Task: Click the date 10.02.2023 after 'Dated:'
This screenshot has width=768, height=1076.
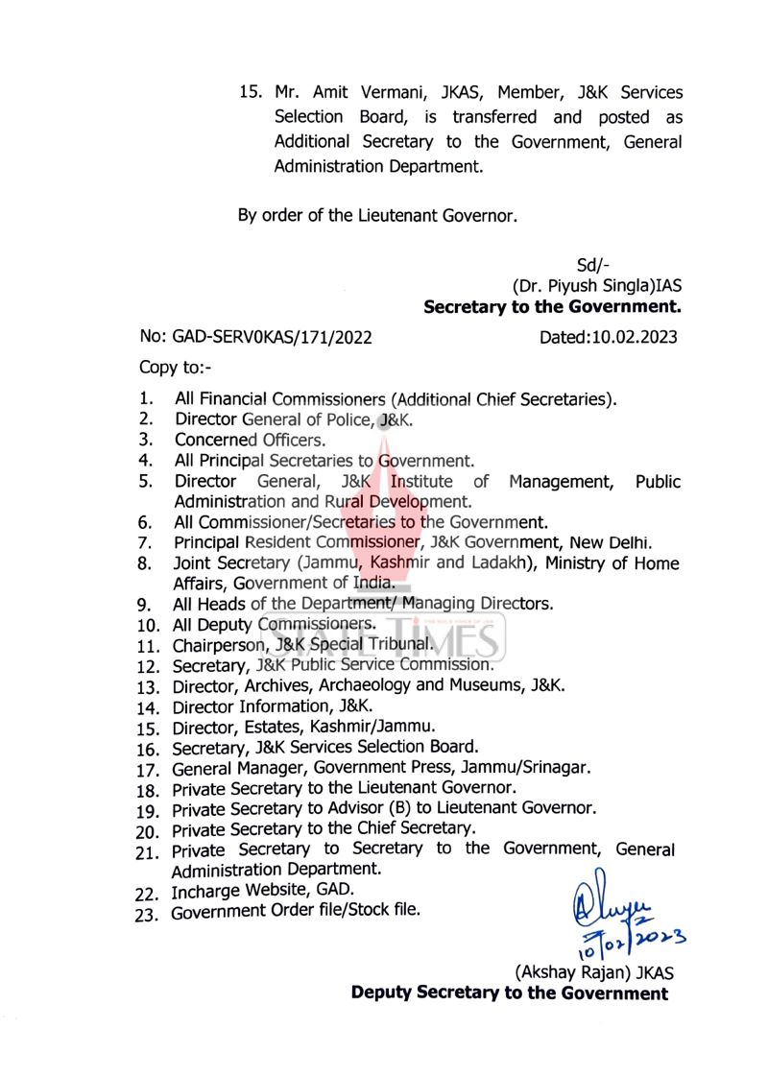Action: pyautogui.click(x=635, y=336)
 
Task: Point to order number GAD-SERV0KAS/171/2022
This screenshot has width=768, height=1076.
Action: pyautogui.click(x=272, y=336)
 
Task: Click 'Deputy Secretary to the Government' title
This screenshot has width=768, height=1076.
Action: pyautogui.click(x=509, y=992)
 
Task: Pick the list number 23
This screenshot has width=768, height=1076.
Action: pyautogui.click(x=146, y=914)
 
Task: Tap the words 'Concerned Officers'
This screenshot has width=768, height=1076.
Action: pyautogui.click(x=250, y=440)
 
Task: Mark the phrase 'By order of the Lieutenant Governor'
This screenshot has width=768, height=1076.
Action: pyautogui.click(x=377, y=215)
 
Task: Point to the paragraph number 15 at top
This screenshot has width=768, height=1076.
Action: pyautogui.click(x=250, y=94)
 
